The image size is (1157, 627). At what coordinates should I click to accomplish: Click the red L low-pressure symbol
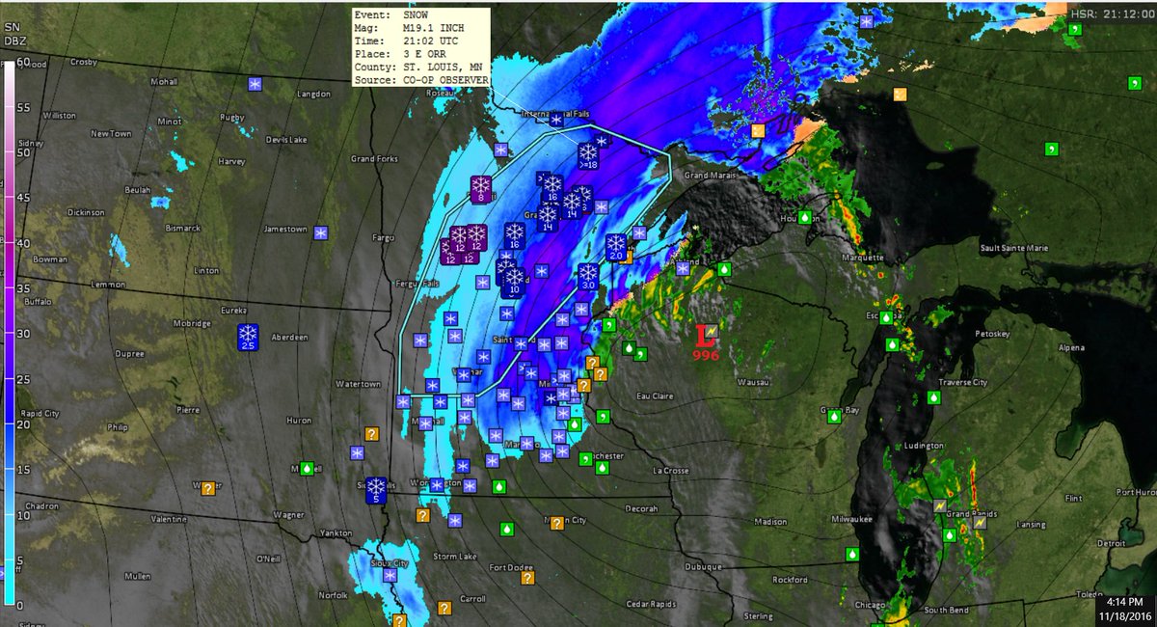706,336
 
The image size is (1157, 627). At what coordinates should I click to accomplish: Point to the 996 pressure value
706,355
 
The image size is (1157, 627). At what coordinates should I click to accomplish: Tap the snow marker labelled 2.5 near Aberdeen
248,337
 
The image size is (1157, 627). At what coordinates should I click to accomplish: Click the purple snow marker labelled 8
480,189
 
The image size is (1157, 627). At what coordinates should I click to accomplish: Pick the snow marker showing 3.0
588,278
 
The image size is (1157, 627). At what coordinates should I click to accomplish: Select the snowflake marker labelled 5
375,490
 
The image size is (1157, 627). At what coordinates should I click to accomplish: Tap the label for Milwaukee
852,519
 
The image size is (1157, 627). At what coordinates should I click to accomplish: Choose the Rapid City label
38,414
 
